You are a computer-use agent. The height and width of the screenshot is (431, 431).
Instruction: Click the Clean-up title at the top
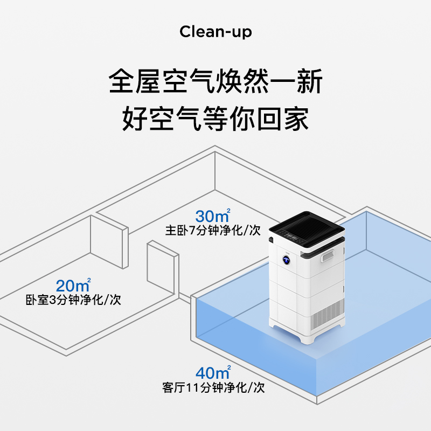[x=215, y=32]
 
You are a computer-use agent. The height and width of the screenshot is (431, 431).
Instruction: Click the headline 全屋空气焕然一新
[x=215, y=82]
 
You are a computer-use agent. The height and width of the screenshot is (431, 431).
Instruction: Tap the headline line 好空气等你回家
[x=215, y=119]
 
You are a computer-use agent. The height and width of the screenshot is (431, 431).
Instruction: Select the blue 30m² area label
[x=213, y=216]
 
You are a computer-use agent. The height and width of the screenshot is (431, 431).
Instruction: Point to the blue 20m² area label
[x=73, y=285]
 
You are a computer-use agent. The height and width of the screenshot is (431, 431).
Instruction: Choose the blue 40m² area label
[x=213, y=372]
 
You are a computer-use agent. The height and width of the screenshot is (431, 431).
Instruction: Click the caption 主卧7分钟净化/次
[x=213, y=231]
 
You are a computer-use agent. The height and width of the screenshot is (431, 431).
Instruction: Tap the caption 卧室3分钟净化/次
[x=73, y=300]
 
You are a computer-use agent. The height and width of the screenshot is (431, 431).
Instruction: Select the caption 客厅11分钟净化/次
[x=213, y=387]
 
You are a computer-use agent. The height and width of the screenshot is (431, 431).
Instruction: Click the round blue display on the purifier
[x=286, y=259]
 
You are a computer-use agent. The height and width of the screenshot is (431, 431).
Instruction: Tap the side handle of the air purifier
[x=328, y=255]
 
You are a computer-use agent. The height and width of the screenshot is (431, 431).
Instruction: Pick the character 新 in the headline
[x=309, y=82]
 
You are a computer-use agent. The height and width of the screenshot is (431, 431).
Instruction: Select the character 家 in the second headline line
[x=296, y=119]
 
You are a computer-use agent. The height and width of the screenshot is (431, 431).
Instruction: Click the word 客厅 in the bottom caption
[x=172, y=387]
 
